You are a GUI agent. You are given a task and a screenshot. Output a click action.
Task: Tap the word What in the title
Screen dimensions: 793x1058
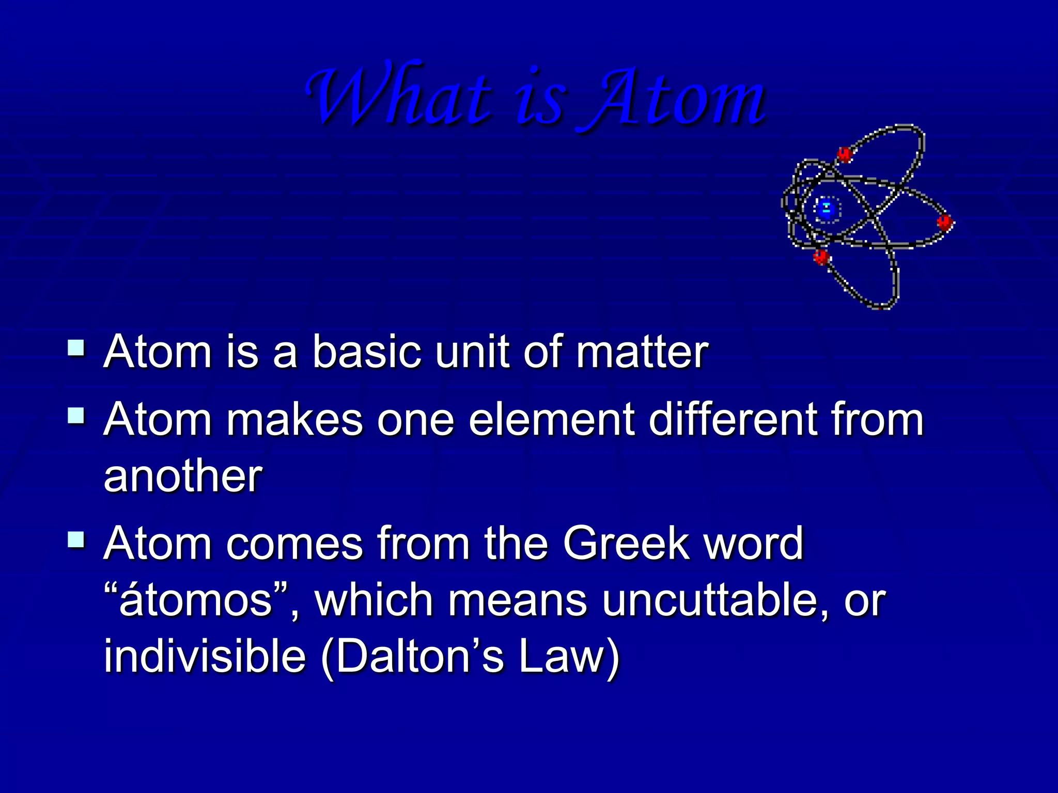point(398,96)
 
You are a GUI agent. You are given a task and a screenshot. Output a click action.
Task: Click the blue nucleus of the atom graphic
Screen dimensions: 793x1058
point(827,210)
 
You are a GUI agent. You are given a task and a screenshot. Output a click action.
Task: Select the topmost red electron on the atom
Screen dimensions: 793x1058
point(844,153)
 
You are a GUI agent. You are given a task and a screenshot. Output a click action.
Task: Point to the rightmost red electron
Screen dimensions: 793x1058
point(945,223)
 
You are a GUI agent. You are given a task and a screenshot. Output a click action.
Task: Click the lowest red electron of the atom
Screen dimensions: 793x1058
point(821,256)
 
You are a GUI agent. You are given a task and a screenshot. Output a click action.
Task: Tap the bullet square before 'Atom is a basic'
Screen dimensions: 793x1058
point(76,347)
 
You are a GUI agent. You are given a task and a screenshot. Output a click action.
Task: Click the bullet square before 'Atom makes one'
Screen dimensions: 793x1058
point(76,415)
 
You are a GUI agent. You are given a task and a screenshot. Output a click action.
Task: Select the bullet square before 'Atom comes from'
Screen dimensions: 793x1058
point(76,540)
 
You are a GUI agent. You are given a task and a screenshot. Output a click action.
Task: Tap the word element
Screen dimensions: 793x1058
point(552,420)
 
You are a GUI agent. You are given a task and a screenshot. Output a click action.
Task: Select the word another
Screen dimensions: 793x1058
point(183,477)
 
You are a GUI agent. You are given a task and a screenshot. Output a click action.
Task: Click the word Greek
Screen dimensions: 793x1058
point(626,543)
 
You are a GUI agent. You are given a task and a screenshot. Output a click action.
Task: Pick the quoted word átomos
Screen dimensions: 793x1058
point(195,601)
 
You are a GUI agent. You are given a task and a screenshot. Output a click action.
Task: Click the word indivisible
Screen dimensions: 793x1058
point(205,657)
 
